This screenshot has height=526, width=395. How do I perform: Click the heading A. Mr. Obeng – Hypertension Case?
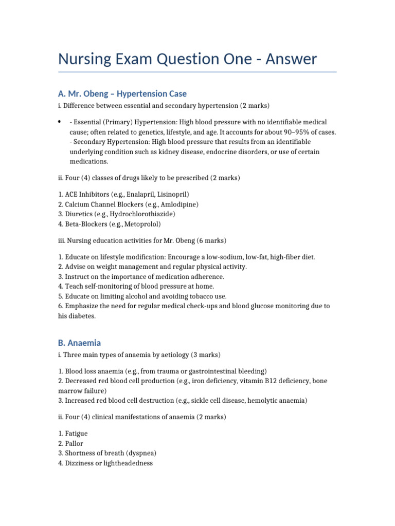coord(122,93)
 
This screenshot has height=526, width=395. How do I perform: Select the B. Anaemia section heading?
coord(79,343)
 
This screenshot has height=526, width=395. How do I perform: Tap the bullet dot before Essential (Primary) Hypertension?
coord(60,122)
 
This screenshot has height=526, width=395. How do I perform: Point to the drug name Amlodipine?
coord(180,204)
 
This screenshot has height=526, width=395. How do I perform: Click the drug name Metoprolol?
coord(141,224)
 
